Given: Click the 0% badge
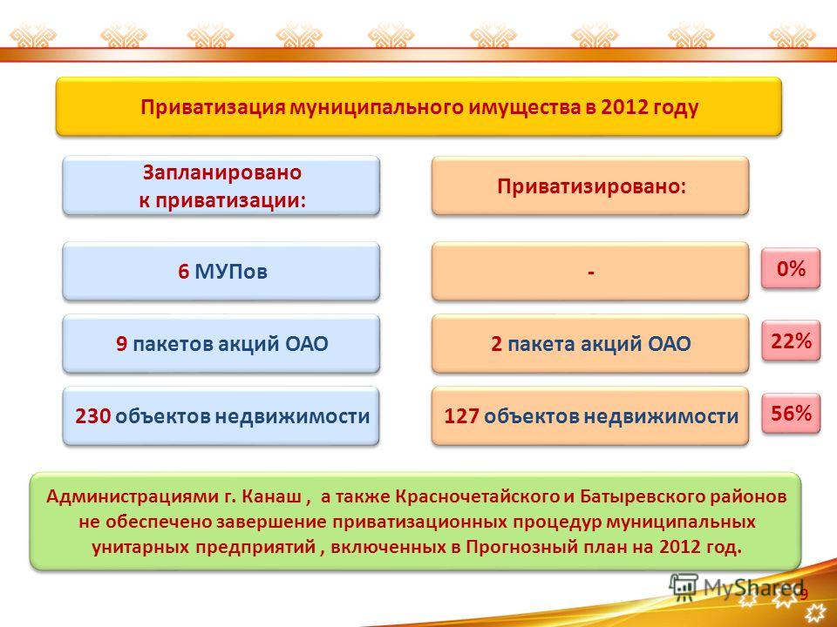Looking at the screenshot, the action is point(791,268).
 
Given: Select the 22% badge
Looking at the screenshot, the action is point(791,340).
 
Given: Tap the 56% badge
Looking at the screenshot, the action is point(791,413).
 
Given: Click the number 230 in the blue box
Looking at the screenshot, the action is point(93,416).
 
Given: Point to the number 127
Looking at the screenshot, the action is point(462,416).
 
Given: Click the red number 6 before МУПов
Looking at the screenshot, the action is point(184,272).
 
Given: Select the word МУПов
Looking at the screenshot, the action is point(230,272).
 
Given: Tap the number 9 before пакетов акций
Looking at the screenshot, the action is point(122,344).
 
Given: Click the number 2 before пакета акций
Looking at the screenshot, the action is point(496,344).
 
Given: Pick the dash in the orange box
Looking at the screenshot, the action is point(591,273).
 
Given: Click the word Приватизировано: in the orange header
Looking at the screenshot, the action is point(591,186).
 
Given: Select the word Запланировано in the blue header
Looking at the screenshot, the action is point(222,172).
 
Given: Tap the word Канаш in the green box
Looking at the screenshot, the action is point(272,496).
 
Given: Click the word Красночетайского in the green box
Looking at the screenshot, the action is point(477,497).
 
